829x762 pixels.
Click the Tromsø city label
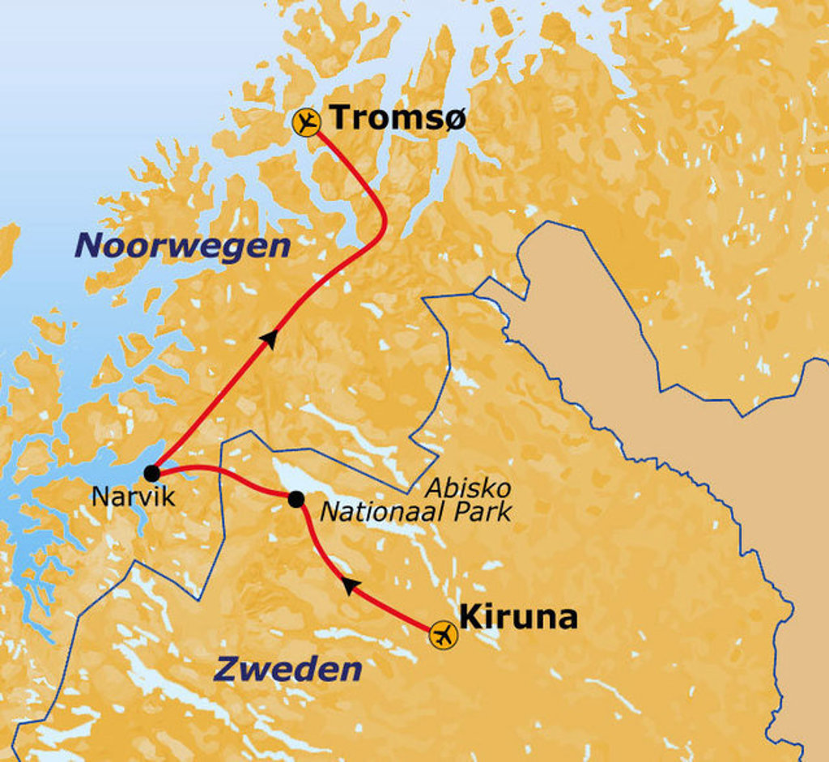point(398,118)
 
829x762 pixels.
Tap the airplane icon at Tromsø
point(306,122)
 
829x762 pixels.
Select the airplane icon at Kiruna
point(443,634)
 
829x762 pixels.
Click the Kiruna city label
point(518,617)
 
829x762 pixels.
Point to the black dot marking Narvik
point(151,473)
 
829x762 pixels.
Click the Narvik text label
point(133,496)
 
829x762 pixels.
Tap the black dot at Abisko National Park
point(296,500)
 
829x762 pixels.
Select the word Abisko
point(468,488)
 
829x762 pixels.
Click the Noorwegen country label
point(182,246)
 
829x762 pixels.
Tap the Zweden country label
point(287,670)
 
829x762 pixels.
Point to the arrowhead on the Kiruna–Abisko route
point(349,585)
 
